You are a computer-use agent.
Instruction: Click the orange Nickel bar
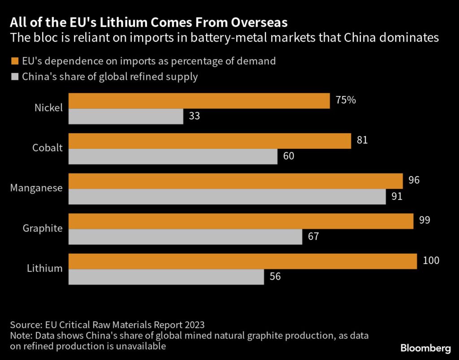pyautogui.click(x=199, y=101)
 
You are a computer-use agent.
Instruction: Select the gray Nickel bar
pyautogui.click(x=126, y=117)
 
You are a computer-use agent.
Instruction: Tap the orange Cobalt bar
pyautogui.click(x=209, y=141)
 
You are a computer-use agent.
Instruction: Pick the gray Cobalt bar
pyautogui.click(x=173, y=156)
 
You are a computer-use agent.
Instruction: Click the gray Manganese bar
pyautogui.click(x=227, y=197)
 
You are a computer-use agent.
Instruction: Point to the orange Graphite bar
pyautogui.click(x=241, y=221)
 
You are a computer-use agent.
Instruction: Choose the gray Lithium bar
pyautogui.click(x=166, y=277)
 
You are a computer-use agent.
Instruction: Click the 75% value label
pyautogui.click(x=346, y=100)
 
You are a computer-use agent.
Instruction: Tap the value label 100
pyautogui.click(x=431, y=260)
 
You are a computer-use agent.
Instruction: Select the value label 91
pyautogui.click(x=397, y=196)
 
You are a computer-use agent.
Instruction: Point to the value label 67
pyautogui.click(x=313, y=236)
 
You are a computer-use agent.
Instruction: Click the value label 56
pyautogui.click(x=275, y=277)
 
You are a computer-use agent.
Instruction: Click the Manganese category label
pyautogui.click(x=36, y=188)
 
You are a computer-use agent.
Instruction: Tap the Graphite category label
pyautogui.click(x=43, y=229)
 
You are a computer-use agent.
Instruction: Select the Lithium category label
pyautogui.click(x=45, y=269)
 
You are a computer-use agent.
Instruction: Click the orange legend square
pyautogui.click(x=14, y=61)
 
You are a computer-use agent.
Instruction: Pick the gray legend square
pyautogui.click(x=14, y=77)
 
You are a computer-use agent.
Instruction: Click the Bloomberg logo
pyautogui.click(x=425, y=348)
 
